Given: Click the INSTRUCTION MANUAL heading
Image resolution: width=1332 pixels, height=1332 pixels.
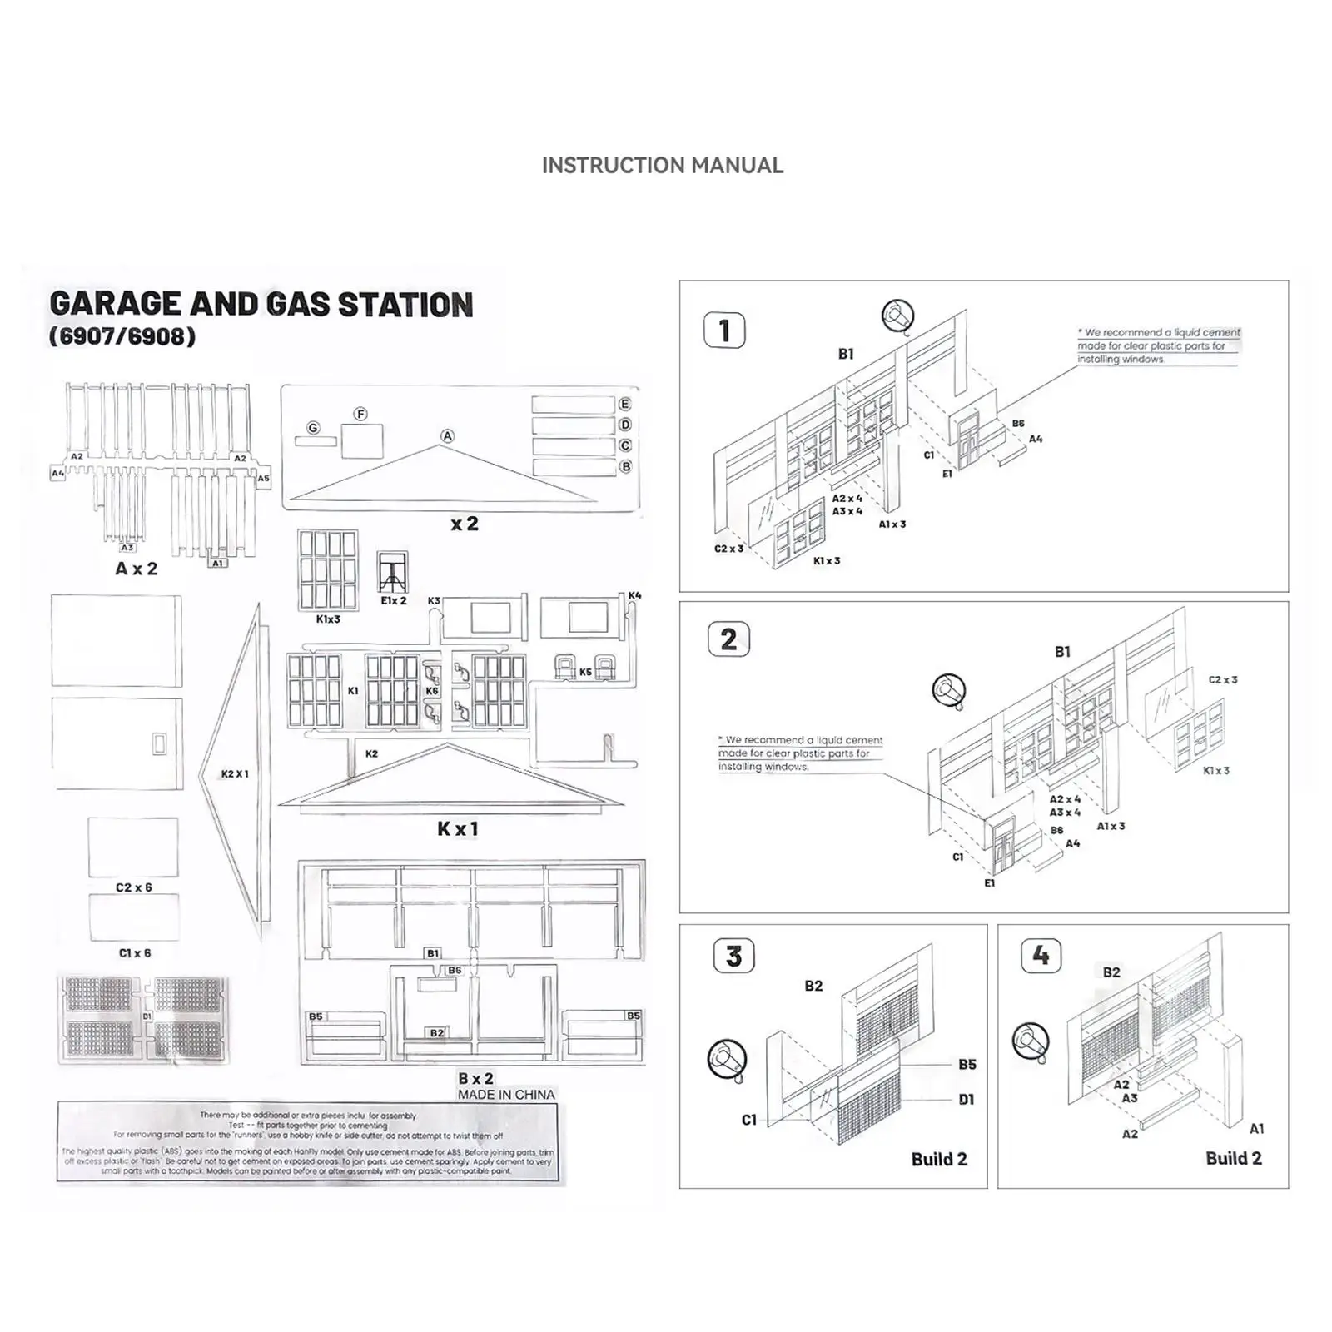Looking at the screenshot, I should [662, 166].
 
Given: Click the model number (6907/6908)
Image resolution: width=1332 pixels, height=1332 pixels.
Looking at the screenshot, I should [122, 336].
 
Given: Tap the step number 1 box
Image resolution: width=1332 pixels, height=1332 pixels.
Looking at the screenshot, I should [724, 331].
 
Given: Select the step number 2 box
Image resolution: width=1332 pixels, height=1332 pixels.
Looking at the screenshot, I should [728, 639].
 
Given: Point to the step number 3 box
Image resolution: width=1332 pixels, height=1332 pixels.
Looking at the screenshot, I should [733, 957].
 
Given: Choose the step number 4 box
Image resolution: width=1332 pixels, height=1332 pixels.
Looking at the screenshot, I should [1041, 955].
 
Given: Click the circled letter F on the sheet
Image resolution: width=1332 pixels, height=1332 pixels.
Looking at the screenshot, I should [360, 414].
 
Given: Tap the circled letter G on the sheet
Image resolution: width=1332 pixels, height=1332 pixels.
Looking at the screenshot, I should [313, 428].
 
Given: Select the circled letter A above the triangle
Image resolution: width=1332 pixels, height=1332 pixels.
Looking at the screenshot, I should [447, 436].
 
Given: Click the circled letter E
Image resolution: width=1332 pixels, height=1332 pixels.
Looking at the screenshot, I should [624, 404].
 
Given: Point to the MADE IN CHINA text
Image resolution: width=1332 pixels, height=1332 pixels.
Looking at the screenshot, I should [506, 1095].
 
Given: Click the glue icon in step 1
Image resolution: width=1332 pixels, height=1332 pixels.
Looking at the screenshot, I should [897, 316].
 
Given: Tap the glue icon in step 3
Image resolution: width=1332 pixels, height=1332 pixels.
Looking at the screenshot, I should [726, 1058].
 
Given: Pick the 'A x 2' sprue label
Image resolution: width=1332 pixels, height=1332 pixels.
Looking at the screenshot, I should [136, 569].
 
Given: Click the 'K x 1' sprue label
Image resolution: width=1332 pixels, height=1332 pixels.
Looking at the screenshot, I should [457, 829].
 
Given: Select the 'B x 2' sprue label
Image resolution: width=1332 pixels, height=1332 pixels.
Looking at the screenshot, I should [475, 1078].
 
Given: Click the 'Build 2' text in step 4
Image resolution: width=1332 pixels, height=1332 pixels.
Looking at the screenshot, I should [1233, 1158].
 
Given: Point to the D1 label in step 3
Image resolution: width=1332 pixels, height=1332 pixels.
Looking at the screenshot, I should [966, 1100].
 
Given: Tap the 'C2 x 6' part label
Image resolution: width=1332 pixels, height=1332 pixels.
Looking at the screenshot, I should [134, 887].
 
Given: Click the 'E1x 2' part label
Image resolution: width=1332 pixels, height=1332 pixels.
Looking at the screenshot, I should [394, 600].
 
